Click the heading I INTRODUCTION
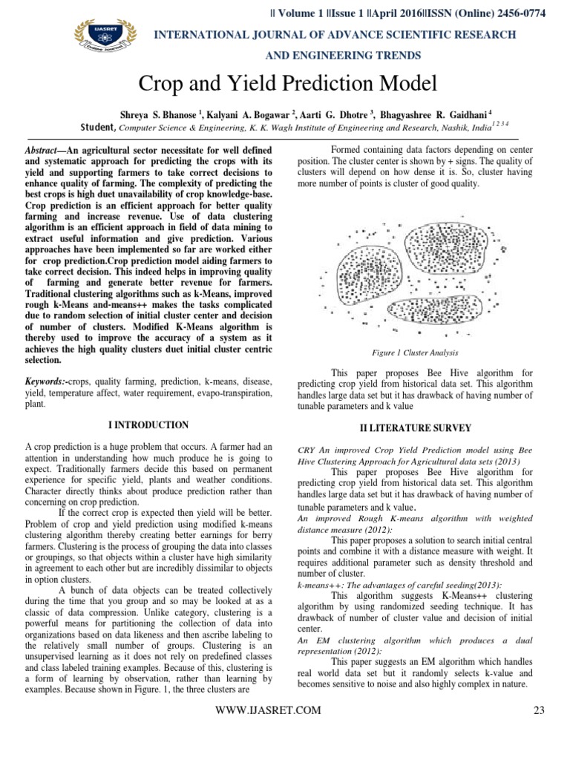point(148,425)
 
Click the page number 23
point(539,710)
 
